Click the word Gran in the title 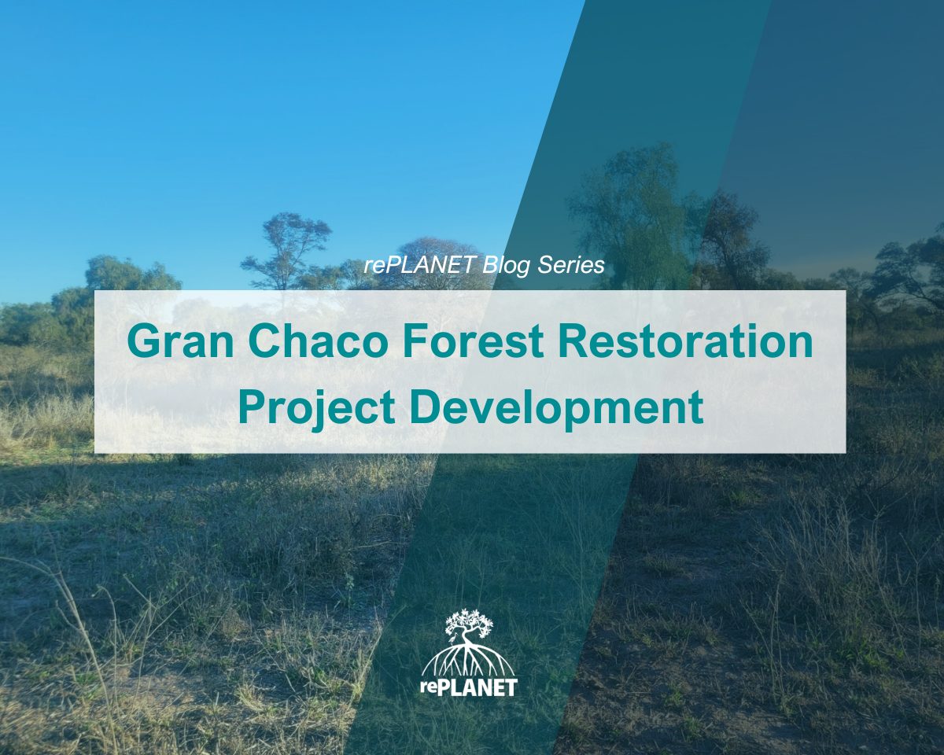[x=180, y=342]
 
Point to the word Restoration [x=686, y=342]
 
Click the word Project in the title [x=316, y=408]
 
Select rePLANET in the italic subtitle [x=419, y=265]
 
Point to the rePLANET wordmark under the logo [x=469, y=687]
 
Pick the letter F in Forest [x=415, y=342]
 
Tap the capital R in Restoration [x=573, y=342]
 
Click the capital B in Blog [x=490, y=265]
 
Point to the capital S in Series [x=546, y=265]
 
